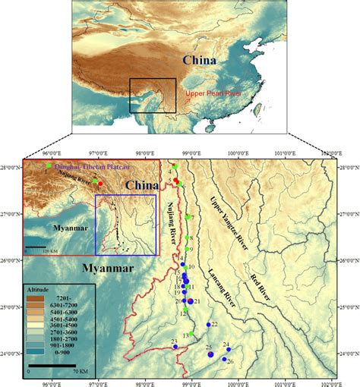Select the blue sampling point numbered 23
[175, 347]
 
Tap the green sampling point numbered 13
[193, 335]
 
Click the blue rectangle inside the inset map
[125, 224]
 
